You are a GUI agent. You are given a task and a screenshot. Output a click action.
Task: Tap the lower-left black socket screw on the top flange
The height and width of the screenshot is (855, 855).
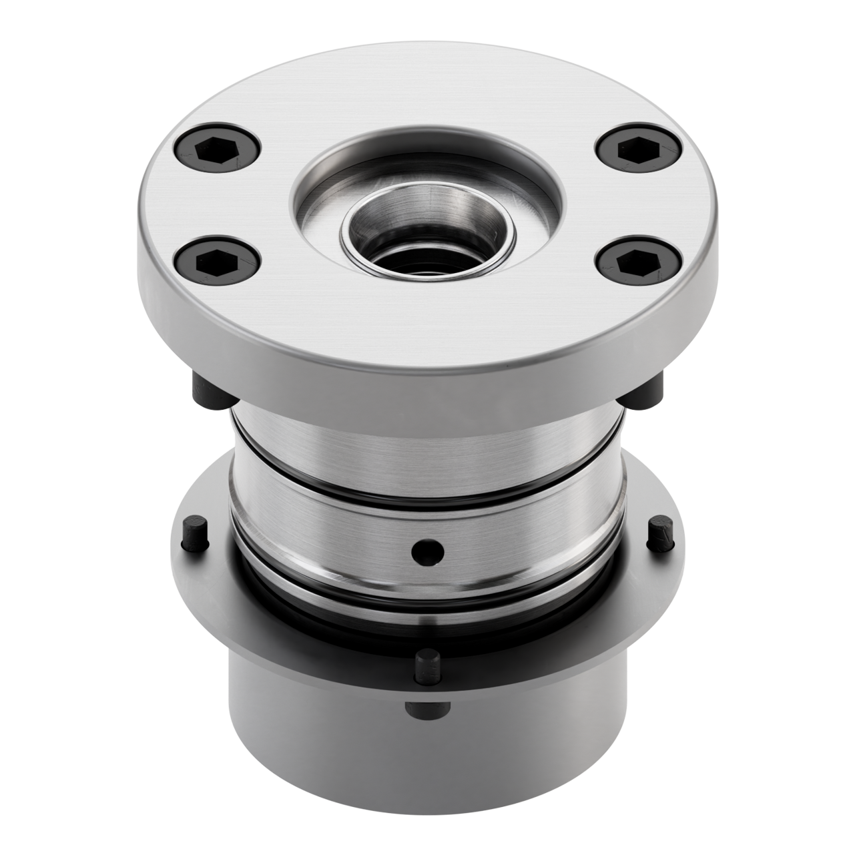coord(216,260)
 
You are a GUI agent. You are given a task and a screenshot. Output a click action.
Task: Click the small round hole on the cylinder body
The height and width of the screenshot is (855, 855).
coord(428,551)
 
